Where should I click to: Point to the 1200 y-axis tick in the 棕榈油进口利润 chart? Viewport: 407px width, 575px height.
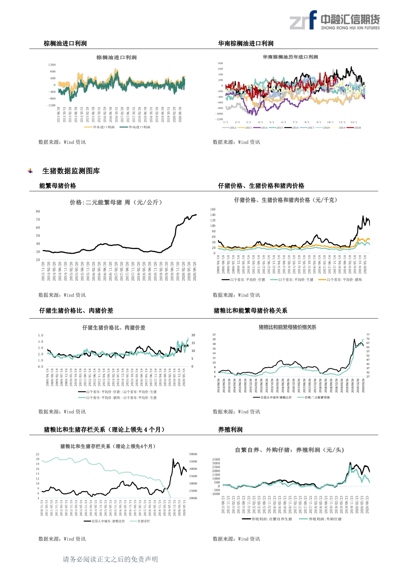click(x=52, y=65)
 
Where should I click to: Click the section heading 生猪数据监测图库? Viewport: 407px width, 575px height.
click(x=71, y=171)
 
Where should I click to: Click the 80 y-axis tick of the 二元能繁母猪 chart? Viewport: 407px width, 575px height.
click(x=38, y=211)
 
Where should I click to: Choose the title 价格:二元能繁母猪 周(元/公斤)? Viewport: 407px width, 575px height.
click(x=116, y=202)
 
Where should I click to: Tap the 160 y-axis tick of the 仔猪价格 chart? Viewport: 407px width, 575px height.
click(x=213, y=209)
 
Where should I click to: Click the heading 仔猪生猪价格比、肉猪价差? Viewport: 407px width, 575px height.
click(x=76, y=310)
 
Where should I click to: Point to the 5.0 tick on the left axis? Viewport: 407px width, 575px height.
click(x=40, y=335)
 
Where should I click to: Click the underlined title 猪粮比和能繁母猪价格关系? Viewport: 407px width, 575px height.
click(x=287, y=327)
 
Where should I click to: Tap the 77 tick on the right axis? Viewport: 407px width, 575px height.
click(x=368, y=335)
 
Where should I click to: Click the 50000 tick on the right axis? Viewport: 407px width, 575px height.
click(x=193, y=454)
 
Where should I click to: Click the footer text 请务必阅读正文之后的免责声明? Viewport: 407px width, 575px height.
click(x=110, y=559)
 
